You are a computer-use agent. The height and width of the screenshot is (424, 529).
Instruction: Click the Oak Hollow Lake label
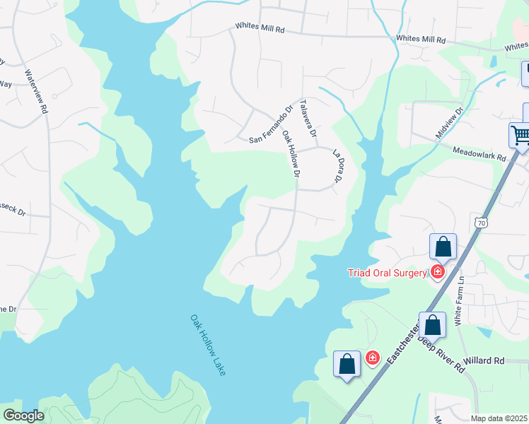pyautogui.click(x=207, y=345)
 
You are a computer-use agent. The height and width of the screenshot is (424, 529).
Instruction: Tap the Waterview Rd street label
pyautogui.click(x=35, y=91)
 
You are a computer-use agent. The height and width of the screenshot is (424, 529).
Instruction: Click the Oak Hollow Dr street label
pyautogui.click(x=291, y=153)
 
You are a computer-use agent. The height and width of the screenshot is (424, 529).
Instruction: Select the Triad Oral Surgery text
pyautogui.click(x=388, y=273)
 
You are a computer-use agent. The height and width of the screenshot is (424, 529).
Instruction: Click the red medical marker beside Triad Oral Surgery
pyautogui.click(x=438, y=271)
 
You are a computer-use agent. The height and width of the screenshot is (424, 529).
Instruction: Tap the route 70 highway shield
pyautogui.click(x=482, y=223)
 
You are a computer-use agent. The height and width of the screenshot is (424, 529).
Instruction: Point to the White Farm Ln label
pyautogui.click(x=459, y=290)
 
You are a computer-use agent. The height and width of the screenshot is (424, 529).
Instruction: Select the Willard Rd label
pyautogui.click(x=484, y=360)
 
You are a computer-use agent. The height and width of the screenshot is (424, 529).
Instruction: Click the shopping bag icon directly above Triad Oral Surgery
pyautogui.click(x=443, y=247)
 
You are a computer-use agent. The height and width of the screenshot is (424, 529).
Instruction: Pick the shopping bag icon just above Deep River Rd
pyautogui.click(x=433, y=325)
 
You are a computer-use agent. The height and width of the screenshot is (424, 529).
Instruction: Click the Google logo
pyautogui.click(x=23, y=416)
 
